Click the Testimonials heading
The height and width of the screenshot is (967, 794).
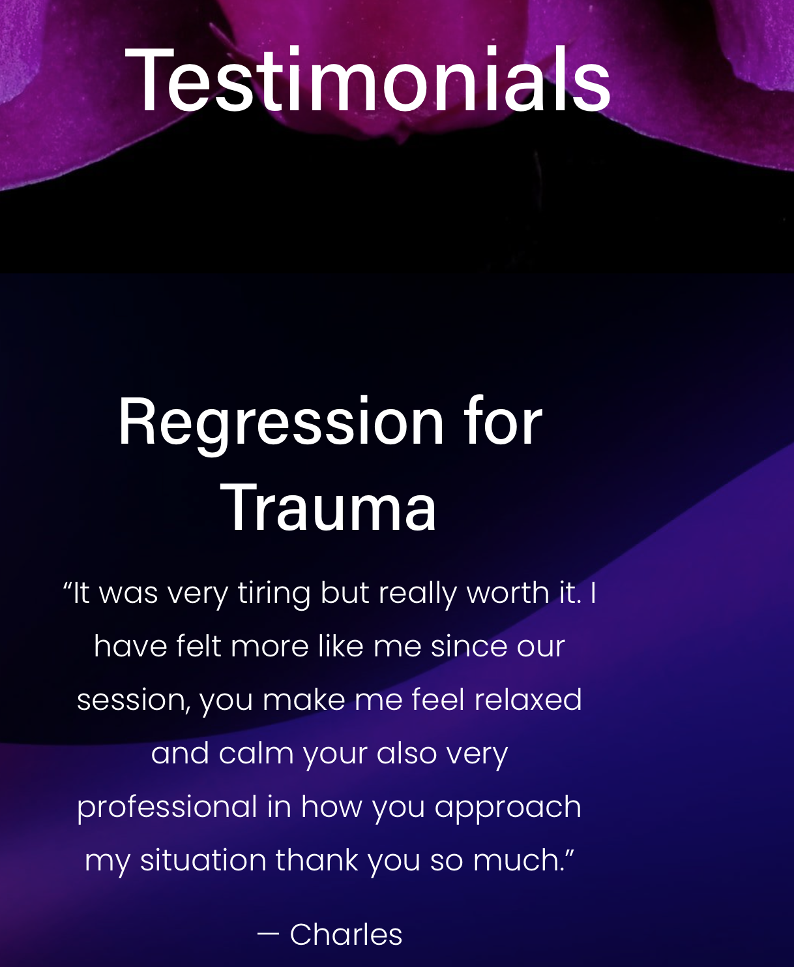[x=368, y=79]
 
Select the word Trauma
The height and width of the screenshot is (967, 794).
[x=328, y=508]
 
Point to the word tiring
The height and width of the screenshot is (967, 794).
[x=274, y=594]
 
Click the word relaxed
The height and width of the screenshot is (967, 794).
[x=528, y=699]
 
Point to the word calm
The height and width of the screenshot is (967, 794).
[x=256, y=753]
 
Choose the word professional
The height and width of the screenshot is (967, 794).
[x=167, y=807]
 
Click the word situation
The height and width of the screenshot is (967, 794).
[x=203, y=860]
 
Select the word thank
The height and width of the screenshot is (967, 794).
[x=317, y=860]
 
